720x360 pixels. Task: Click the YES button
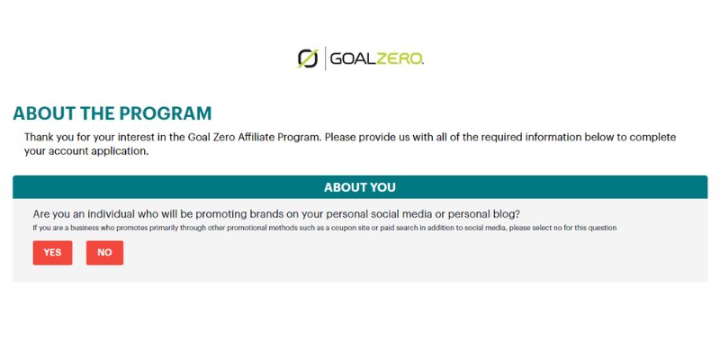pos(52,253)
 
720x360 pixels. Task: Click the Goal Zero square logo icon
pos(308,58)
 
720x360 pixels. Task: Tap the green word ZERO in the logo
pos(400,58)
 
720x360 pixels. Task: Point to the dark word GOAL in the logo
pos(353,58)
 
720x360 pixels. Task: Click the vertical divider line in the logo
pos(325,58)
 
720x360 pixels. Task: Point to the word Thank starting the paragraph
pos(38,138)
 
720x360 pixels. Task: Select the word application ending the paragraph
pos(126,152)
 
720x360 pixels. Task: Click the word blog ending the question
pos(508,214)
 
